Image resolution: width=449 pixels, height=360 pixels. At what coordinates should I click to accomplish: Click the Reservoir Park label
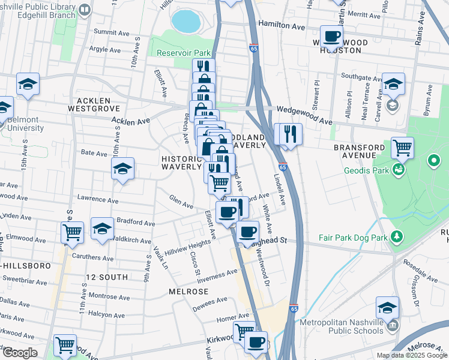tap(183, 53)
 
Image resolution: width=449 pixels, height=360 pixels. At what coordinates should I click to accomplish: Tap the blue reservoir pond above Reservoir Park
tap(185, 22)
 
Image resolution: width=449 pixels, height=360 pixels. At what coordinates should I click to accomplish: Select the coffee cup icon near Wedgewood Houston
tap(331, 37)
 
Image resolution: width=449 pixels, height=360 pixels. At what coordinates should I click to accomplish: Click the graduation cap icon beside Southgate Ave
tap(394, 84)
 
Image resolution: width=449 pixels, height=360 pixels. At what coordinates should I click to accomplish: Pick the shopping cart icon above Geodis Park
tap(402, 147)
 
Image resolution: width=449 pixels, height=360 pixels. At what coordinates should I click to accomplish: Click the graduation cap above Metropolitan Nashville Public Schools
tap(388, 308)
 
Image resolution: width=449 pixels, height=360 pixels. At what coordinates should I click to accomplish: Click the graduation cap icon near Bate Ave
tap(122, 168)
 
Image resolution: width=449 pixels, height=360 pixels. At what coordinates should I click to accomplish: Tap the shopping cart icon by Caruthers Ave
tap(72, 232)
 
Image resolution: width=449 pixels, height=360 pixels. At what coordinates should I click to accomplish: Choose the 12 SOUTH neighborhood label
tap(107, 277)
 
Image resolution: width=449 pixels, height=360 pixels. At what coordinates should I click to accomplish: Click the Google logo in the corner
tap(20, 353)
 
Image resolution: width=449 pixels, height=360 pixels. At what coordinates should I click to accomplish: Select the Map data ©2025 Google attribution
tap(411, 355)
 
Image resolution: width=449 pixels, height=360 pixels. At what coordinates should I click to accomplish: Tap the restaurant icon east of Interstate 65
tap(290, 134)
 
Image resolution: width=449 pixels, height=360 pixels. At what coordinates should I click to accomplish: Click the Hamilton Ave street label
tap(282, 26)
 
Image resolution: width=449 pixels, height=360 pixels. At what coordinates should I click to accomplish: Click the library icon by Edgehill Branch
tap(85, 10)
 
